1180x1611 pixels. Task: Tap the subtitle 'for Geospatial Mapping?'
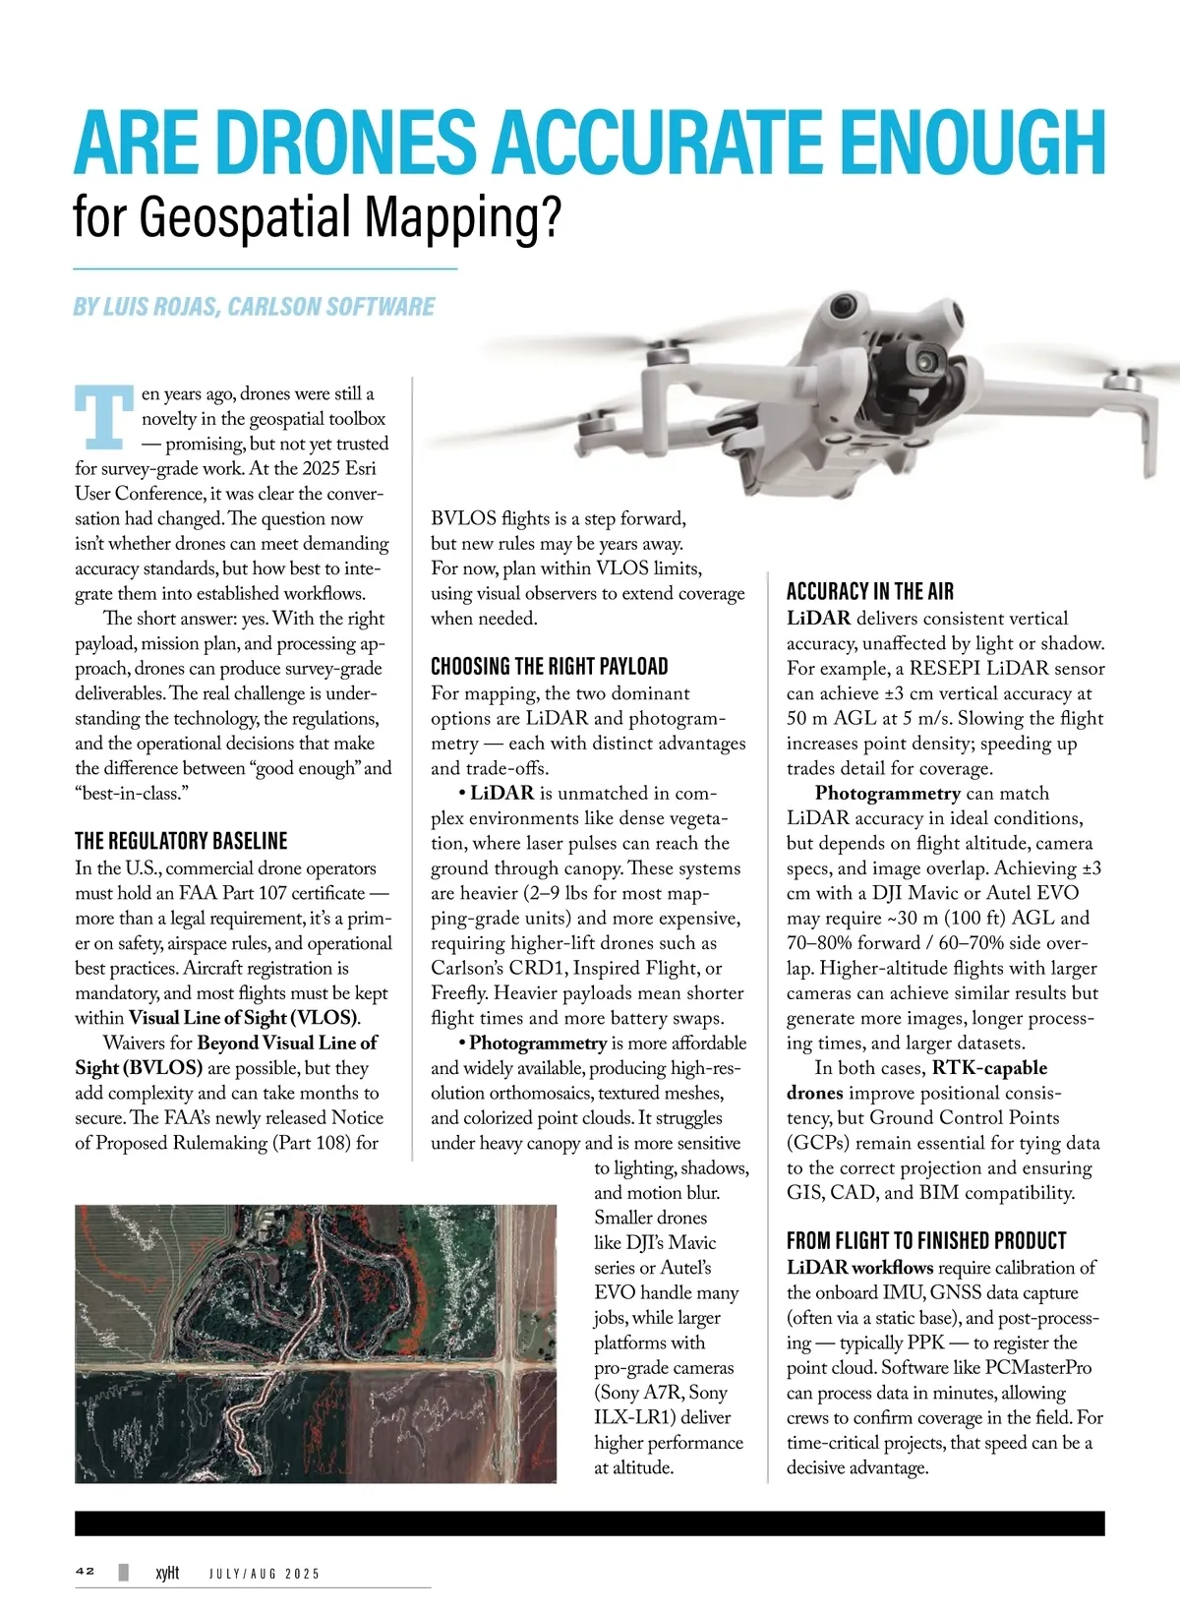316,217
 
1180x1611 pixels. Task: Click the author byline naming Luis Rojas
254,307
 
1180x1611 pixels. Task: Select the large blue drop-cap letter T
103,416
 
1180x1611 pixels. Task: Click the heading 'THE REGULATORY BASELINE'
181,841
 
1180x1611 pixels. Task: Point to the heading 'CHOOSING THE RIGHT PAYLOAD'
549,666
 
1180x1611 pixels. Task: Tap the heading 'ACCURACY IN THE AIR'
869,591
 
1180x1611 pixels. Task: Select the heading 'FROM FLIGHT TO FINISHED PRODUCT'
925,1240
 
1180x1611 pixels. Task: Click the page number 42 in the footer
86,1572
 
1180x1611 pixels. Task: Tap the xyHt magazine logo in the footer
167,1573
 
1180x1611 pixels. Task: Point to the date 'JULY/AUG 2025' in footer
265,1574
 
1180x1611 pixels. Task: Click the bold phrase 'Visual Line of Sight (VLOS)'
244,1018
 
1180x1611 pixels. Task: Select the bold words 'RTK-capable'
989,1068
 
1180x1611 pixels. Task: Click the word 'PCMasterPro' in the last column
1037,1368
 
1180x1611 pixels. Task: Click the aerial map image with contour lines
315,1342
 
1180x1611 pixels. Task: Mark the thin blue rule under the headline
265,268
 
